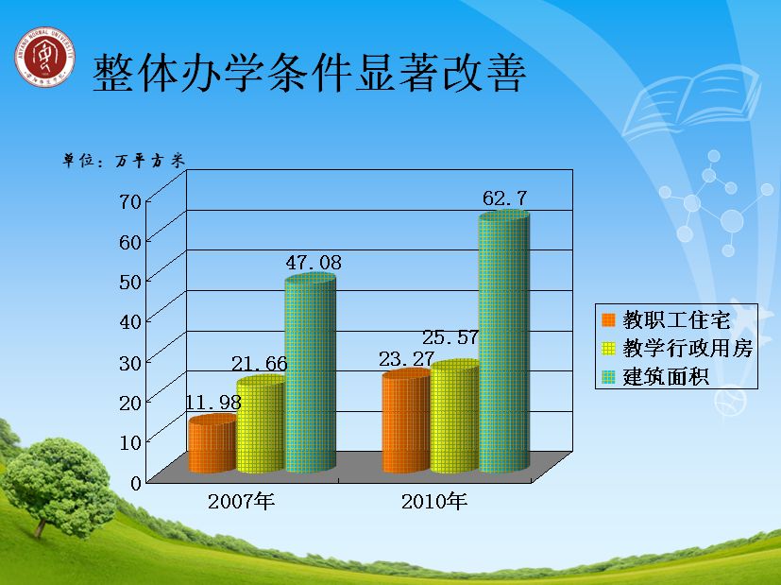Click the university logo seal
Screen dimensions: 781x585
point(44,57)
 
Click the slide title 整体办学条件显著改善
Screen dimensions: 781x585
point(310,73)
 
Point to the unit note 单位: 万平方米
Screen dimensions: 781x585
point(124,160)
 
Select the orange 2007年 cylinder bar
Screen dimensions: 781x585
point(212,444)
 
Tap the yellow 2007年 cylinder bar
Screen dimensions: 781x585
point(261,424)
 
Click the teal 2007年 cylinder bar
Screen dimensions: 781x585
point(310,372)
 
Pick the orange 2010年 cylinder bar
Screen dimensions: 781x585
point(406,422)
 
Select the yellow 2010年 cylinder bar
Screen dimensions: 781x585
point(455,417)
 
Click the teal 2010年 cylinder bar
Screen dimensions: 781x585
point(504,342)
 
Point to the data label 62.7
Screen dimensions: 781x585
point(504,198)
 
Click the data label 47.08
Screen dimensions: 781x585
point(314,263)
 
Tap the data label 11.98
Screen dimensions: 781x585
point(213,402)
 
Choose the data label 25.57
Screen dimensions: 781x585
point(450,337)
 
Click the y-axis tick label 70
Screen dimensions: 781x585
point(130,201)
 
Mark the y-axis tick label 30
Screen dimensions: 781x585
point(130,362)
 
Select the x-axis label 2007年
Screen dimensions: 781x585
point(241,501)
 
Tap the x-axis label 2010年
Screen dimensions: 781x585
point(434,501)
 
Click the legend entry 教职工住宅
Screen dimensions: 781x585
point(666,319)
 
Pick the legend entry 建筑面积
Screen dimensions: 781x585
point(655,377)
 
